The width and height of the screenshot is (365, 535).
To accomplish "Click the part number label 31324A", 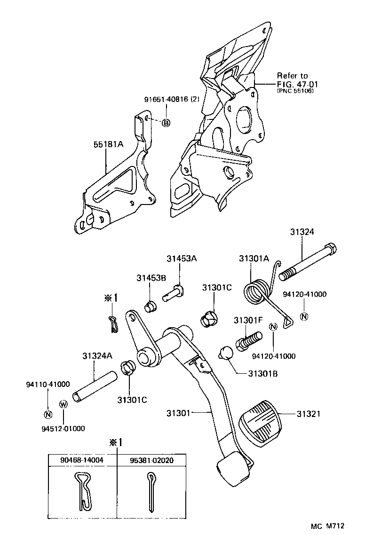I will pyautogui.click(x=97, y=356).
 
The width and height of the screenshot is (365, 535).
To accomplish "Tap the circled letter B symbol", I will pyautogui.click(x=166, y=123).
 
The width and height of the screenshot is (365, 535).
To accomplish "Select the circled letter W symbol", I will pyautogui.click(x=63, y=404).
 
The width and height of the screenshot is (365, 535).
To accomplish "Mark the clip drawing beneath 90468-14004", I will pyautogui.click(x=82, y=491).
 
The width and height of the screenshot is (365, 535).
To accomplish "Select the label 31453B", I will pyautogui.click(x=151, y=278).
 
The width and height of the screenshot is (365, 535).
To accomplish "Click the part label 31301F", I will pyautogui.click(x=247, y=320).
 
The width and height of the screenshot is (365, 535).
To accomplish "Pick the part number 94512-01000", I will pyautogui.click(x=63, y=428).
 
